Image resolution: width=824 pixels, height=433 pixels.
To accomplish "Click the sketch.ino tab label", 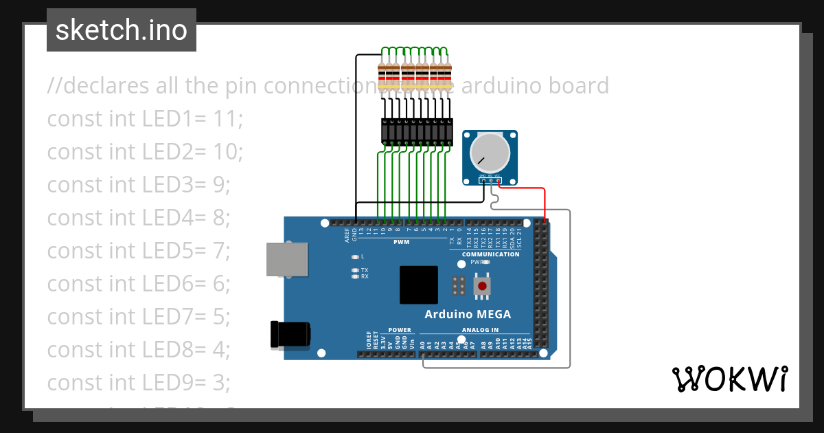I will pyautogui.click(x=122, y=30).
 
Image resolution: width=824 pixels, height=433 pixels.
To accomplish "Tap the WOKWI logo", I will pyautogui.click(x=729, y=379).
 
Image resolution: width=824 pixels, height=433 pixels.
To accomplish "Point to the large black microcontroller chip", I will pyautogui.click(x=419, y=285).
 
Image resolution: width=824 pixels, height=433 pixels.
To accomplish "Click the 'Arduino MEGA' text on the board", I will pyautogui.click(x=467, y=315).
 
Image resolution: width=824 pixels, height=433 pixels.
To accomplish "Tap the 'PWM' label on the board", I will pyautogui.click(x=401, y=242).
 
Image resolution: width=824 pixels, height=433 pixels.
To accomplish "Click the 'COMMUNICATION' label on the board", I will pyautogui.click(x=490, y=254).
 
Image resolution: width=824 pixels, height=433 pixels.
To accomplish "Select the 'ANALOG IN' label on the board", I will pyautogui.click(x=480, y=331).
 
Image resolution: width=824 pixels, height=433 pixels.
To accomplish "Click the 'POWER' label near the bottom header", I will pyautogui.click(x=399, y=331).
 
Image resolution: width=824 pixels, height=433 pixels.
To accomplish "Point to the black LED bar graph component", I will pyautogui.click(x=417, y=131).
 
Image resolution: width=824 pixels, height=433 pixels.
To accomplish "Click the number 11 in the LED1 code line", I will pyautogui.click(x=227, y=119).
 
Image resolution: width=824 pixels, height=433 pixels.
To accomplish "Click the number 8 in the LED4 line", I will pyautogui.click(x=219, y=218).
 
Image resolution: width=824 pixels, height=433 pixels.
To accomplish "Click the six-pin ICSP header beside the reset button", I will pyautogui.click(x=459, y=285).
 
